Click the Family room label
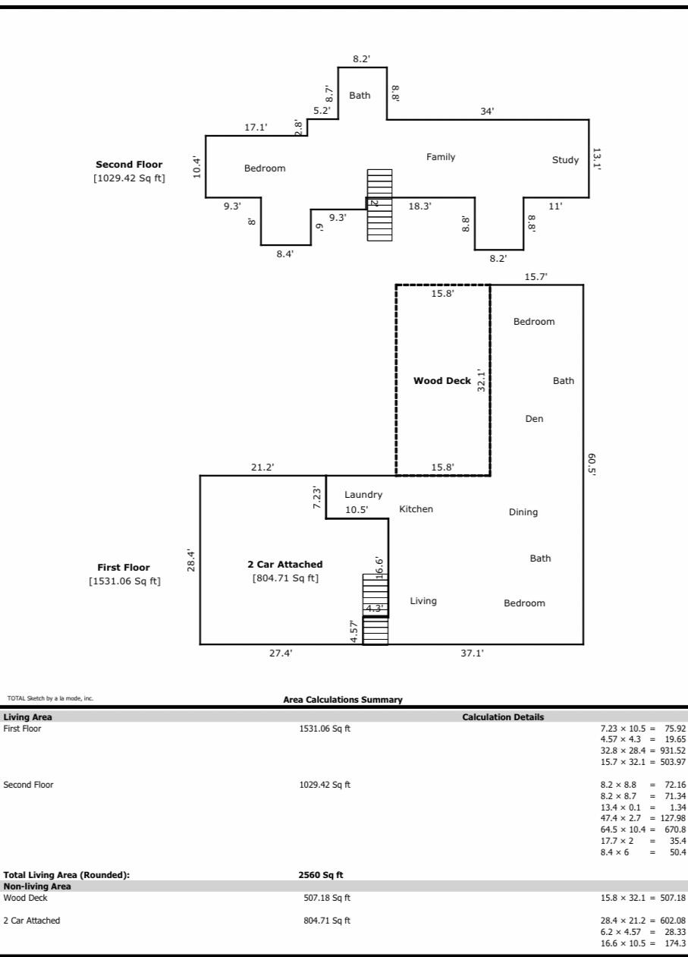(x=441, y=157)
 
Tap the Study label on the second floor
(x=565, y=160)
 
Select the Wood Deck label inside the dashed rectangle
(x=441, y=381)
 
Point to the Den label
(x=534, y=419)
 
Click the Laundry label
(x=363, y=495)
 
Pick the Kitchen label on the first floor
(x=416, y=509)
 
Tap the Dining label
(x=523, y=512)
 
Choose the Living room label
(x=423, y=601)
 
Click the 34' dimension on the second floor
(x=487, y=112)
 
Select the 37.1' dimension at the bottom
(x=472, y=653)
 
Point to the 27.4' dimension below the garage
(x=281, y=653)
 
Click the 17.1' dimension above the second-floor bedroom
(x=255, y=127)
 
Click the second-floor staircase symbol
(x=379, y=205)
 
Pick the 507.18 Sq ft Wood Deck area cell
(x=326, y=898)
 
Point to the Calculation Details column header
(x=503, y=717)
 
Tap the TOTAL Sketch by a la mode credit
(x=50, y=698)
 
